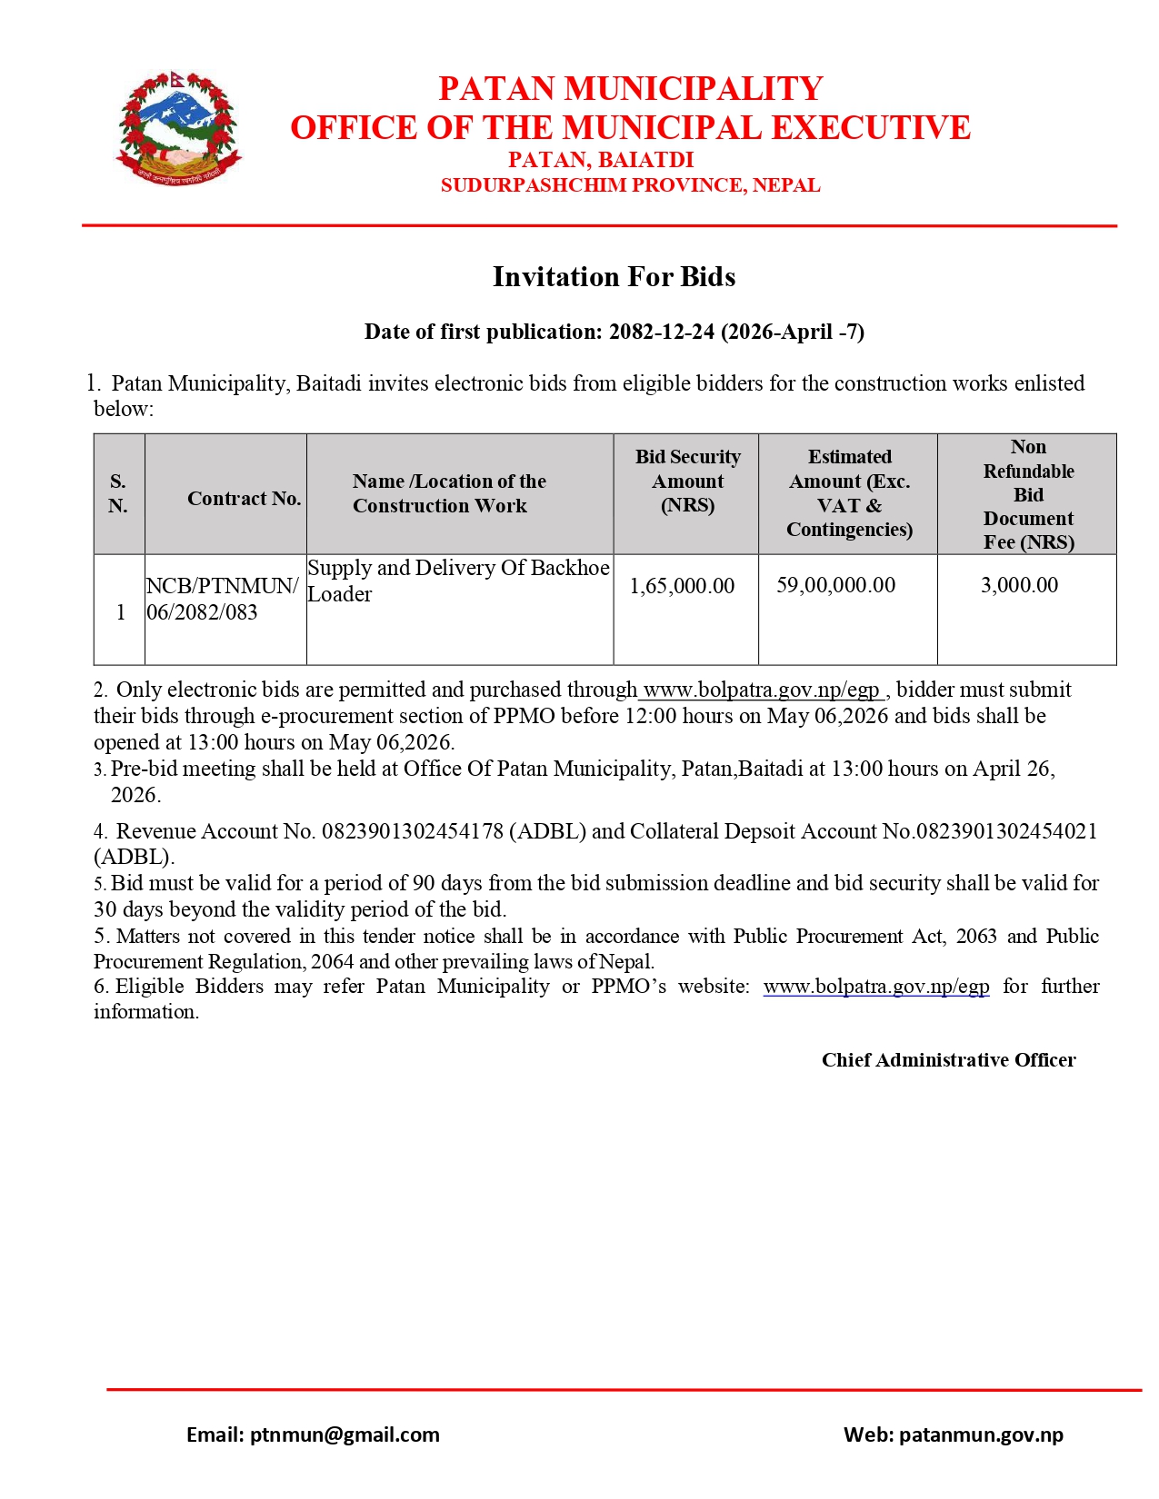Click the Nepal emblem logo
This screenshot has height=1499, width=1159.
(178, 128)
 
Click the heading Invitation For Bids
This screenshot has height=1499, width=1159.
(614, 277)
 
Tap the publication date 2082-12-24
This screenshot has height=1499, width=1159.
(661, 332)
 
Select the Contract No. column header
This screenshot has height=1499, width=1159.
(244, 498)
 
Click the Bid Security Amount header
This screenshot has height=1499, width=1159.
(687, 481)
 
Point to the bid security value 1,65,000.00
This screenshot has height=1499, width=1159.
(682, 586)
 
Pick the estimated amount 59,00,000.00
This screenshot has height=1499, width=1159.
(835, 585)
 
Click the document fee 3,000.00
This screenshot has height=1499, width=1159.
(1019, 585)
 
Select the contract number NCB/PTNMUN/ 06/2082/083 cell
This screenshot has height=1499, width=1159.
(222, 599)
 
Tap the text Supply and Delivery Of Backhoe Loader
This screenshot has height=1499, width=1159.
(458, 581)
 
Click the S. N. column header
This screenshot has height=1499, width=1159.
(118, 493)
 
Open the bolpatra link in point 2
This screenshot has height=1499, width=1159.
(761, 690)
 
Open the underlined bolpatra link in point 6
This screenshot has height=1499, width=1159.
(875, 987)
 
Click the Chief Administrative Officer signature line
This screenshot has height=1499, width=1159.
(948, 1060)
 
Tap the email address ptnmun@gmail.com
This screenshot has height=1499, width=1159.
(345, 1434)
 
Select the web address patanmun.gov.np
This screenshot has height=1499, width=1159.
(981, 1434)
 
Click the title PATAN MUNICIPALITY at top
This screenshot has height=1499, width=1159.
(630, 89)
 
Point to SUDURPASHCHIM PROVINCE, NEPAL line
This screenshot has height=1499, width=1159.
(630, 185)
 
